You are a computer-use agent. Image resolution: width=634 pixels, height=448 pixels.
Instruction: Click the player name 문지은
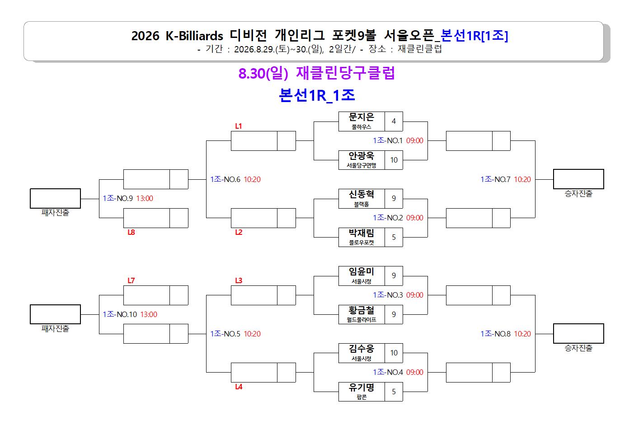[x=361, y=117]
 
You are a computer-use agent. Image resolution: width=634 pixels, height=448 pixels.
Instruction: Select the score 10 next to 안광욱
[x=394, y=160]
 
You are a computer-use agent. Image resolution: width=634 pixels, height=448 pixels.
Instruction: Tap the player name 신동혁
[x=361, y=194]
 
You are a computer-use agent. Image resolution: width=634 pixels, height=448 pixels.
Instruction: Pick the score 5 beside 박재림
[x=394, y=237]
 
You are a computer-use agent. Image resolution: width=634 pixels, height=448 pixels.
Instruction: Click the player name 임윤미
[x=361, y=271]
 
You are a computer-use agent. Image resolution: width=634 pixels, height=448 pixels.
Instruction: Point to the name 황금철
[x=361, y=310]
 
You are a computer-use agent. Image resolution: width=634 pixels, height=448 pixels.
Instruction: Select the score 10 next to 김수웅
[x=394, y=353]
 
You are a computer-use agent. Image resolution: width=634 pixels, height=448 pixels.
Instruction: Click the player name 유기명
[x=361, y=387]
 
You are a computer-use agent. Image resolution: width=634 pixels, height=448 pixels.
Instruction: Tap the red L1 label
[x=238, y=126]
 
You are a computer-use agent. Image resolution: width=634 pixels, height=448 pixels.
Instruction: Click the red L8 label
[x=131, y=232]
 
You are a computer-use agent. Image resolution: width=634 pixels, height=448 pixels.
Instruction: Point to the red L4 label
[x=239, y=387]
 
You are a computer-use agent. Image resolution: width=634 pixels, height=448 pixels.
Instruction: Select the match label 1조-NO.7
[x=495, y=179]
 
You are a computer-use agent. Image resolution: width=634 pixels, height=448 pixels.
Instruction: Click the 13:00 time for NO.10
[x=149, y=314]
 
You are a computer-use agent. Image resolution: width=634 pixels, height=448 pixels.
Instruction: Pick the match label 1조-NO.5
[x=225, y=334]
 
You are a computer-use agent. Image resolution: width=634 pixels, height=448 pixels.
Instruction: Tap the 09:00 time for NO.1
[x=415, y=140]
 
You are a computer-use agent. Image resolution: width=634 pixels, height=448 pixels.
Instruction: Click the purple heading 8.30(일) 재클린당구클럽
[x=316, y=73]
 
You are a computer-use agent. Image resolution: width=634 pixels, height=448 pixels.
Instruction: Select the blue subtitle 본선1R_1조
[x=317, y=95]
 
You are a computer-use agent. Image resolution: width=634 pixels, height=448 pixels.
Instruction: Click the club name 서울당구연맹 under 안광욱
[x=361, y=165]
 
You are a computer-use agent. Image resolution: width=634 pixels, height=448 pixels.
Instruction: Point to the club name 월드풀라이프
[x=361, y=320]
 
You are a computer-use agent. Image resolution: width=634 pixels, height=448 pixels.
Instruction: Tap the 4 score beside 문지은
[x=394, y=121]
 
